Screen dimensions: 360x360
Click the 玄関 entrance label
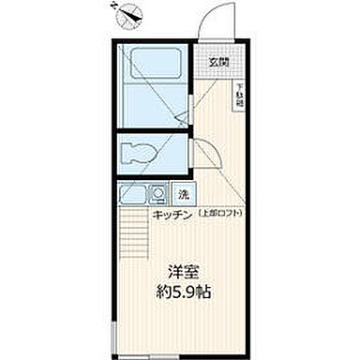pos(217,62)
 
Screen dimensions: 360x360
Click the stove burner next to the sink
pos(158,195)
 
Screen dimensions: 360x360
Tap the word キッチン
pos(172,215)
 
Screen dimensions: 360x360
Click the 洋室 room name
pos(182,273)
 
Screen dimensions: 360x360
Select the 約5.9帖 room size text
pos(182,292)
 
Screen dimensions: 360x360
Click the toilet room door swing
pos(201,150)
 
